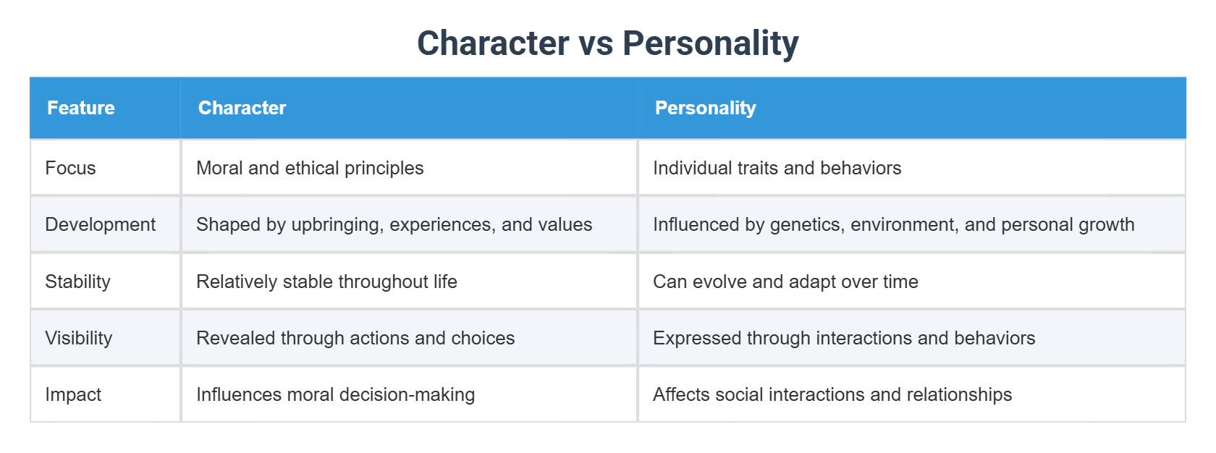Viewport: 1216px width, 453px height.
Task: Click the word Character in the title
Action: (493, 43)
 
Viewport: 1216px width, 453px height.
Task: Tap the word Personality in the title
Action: (710, 43)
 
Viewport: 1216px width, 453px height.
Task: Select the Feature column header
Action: (81, 108)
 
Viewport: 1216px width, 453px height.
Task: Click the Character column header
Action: (242, 108)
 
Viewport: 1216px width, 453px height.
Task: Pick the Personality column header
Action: (705, 108)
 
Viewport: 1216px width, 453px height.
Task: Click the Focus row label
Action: (70, 168)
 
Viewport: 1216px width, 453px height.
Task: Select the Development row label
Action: (100, 224)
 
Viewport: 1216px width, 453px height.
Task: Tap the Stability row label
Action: (77, 281)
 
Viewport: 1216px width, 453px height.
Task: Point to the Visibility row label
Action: (78, 338)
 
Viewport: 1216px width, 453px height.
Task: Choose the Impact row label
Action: (73, 394)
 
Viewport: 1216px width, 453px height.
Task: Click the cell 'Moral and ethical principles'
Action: (310, 168)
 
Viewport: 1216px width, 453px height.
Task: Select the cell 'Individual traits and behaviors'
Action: (777, 168)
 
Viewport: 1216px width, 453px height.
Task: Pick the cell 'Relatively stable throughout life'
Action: (326, 281)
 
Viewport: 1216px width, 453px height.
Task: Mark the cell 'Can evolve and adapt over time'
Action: (785, 281)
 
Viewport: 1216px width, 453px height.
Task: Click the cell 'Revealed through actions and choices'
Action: (355, 338)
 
